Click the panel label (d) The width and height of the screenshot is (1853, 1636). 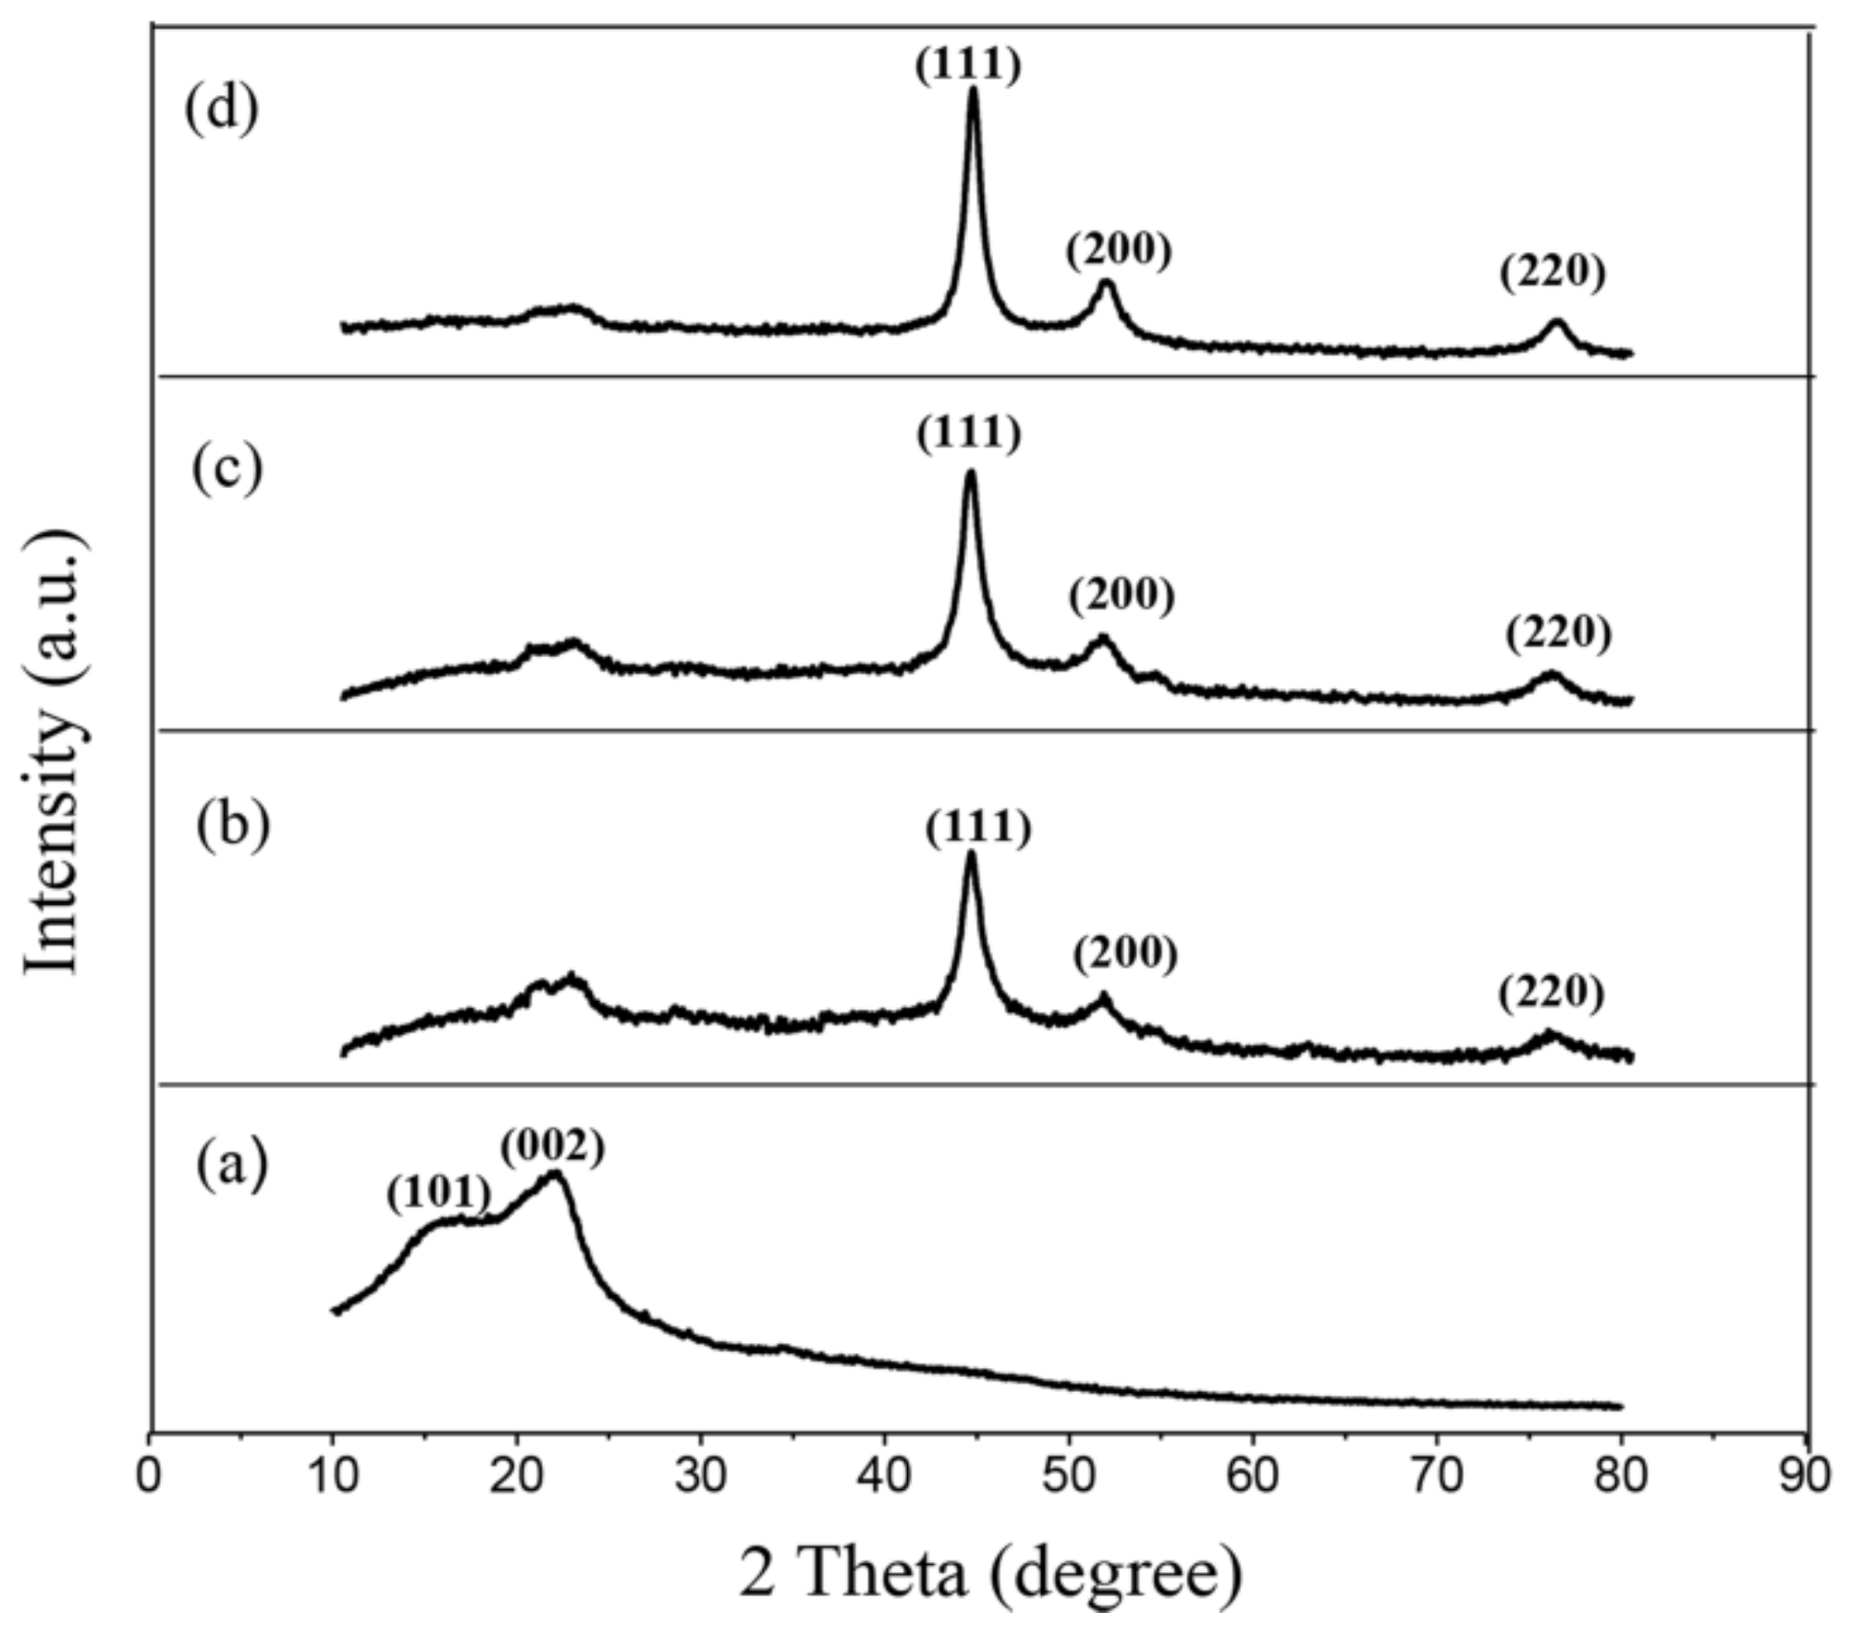pyautogui.click(x=221, y=111)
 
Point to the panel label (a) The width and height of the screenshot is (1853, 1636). pyautogui.click(x=231, y=1165)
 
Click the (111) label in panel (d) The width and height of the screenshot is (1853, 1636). pyautogui.click(x=968, y=66)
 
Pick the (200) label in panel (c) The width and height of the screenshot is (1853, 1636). pyautogui.click(x=1122, y=596)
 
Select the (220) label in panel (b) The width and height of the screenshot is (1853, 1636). pyautogui.click(x=1551, y=992)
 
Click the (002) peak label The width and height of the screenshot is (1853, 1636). pyautogui.click(x=552, y=1147)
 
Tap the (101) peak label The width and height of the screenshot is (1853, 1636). pyautogui.click(x=438, y=1193)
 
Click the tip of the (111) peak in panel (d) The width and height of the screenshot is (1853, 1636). pyautogui.click(x=972, y=90)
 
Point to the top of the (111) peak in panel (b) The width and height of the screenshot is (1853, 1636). pyautogui.click(x=970, y=853)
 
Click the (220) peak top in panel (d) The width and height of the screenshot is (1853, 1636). pyautogui.click(x=1556, y=322)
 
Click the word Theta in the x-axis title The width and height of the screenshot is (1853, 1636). pyautogui.click(x=883, y=1574)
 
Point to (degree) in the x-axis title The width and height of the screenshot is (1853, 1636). pyautogui.click(x=1118, y=1576)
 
